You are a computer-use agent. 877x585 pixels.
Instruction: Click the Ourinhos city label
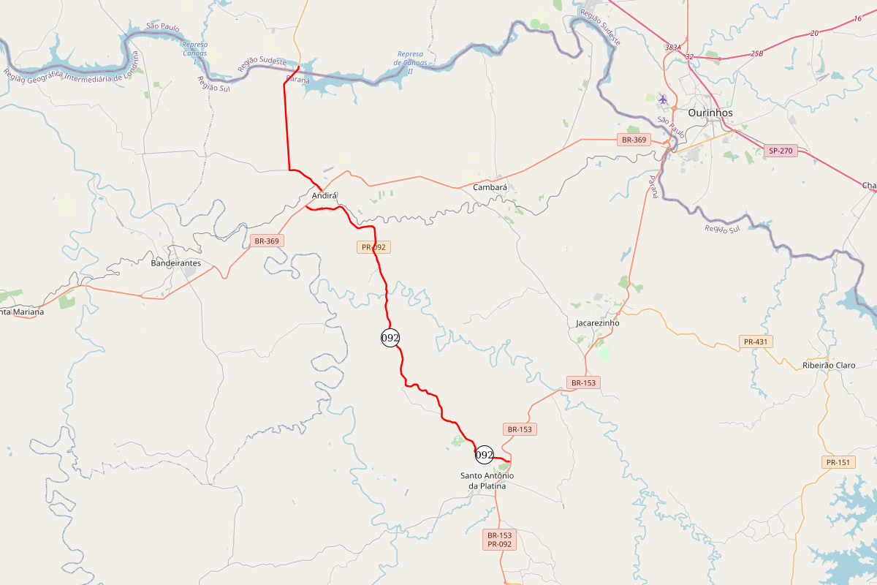(710, 113)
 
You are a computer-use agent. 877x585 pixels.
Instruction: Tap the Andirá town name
(324, 196)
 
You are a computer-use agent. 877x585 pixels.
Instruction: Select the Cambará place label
(490, 187)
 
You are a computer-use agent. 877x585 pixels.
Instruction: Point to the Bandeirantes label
(175, 263)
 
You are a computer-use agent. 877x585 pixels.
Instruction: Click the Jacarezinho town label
(597, 322)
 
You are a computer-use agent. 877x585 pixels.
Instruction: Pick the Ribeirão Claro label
(828, 366)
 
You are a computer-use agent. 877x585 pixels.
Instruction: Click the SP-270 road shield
(781, 151)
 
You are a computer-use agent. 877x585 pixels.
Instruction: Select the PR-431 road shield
(756, 341)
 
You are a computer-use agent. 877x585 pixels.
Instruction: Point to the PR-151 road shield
(838, 462)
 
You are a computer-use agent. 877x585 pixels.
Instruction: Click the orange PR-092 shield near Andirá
(373, 247)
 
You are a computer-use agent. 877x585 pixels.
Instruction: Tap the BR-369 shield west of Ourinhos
(634, 140)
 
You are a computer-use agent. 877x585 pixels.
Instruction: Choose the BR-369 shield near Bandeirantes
(266, 241)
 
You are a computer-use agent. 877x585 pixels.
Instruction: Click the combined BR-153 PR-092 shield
(501, 540)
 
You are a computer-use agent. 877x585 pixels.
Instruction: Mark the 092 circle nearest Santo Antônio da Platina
(484, 455)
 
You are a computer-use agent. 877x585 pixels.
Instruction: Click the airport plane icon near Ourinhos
(663, 99)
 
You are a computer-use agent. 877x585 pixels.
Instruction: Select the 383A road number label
(673, 47)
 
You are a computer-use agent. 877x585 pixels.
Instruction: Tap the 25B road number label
(756, 53)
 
